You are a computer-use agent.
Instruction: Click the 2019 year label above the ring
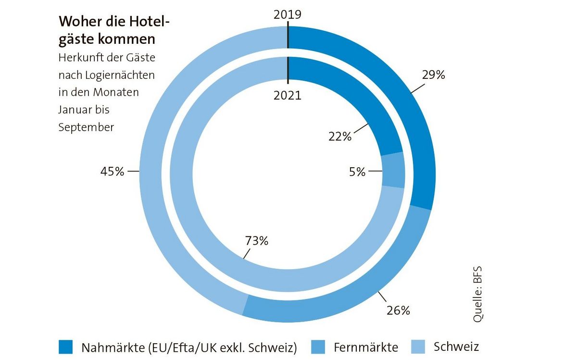pos(287,14)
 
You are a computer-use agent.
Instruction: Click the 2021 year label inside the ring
pos(287,95)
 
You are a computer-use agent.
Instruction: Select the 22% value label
pos(340,137)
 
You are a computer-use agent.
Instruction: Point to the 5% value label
pos(357,172)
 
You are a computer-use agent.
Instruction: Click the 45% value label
pos(112,171)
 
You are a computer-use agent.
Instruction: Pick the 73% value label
pos(256,241)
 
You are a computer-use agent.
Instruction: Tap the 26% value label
pos(398,310)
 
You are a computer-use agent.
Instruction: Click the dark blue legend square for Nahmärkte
pos(65,347)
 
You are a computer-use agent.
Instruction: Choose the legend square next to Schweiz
pos(418,347)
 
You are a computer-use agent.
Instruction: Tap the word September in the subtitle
pos(87,127)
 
